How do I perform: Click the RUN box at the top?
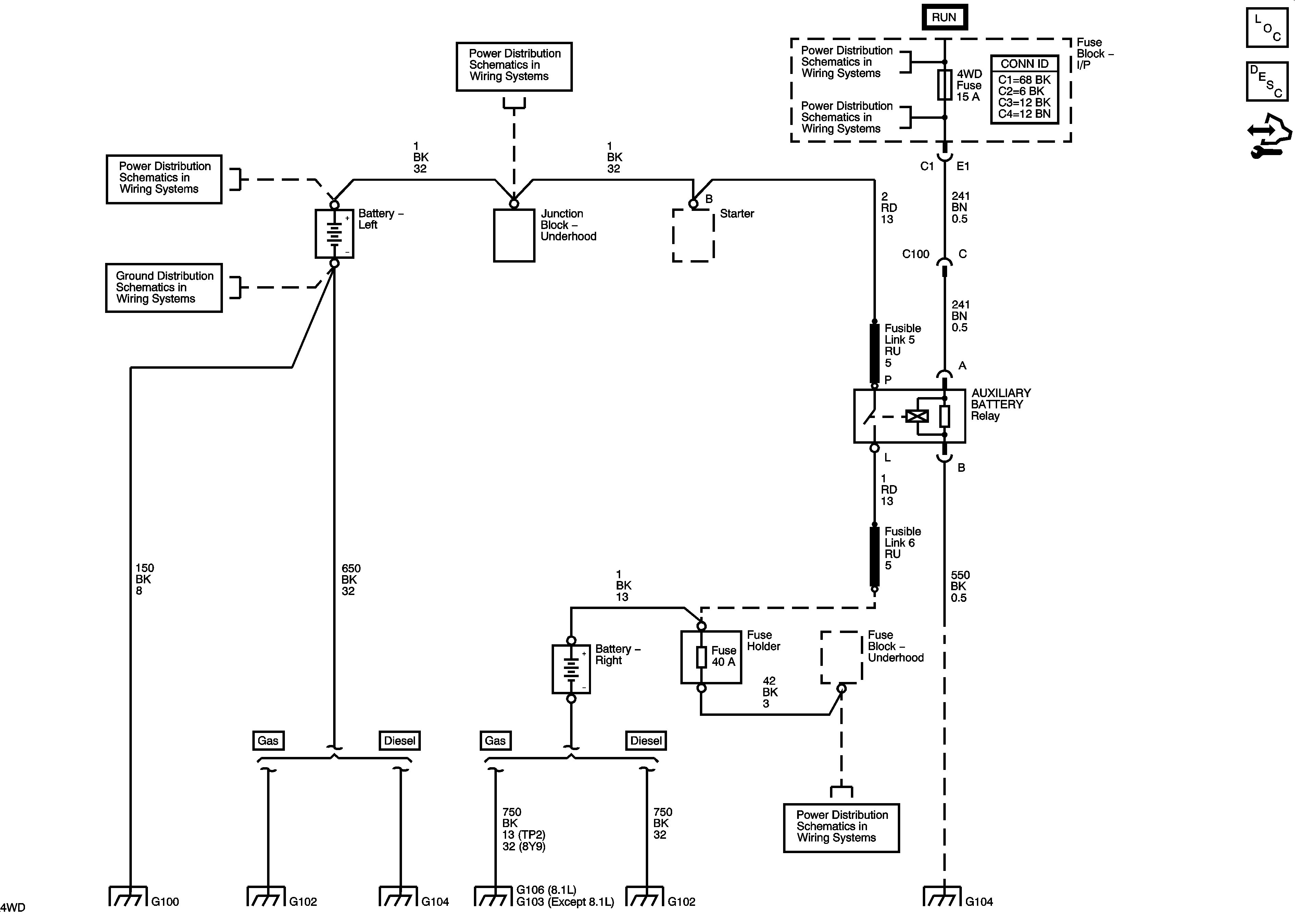coord(944,17)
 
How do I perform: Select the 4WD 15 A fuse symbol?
coord(945,85)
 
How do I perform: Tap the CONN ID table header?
coord(1024,64)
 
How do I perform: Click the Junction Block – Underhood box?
coord(514,235)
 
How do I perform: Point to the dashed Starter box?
coord(693,235)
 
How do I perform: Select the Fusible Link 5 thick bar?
coord(874,353)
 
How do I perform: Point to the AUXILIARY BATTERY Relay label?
coord(1001,404)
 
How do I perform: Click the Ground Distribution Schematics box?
coord(164,288)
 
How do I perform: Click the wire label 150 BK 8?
coord(144,579)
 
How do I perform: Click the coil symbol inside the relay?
coord(917,417)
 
